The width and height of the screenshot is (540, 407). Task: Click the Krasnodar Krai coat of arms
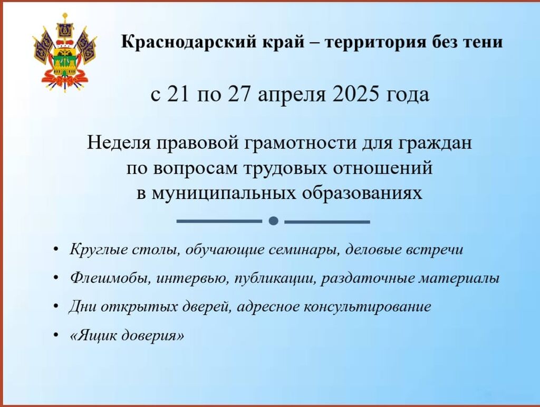pos(65,52)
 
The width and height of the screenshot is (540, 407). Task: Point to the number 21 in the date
pos(178,94)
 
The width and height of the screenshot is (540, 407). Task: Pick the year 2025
pos(355,94)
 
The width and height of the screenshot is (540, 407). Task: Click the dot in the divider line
pos(273,221)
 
